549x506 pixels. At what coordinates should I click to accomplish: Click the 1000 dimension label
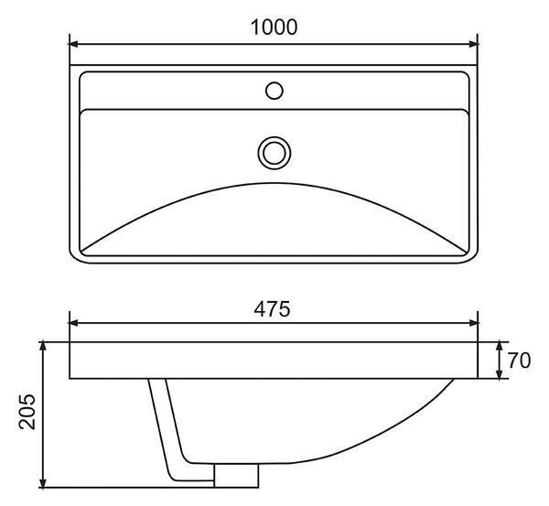274,27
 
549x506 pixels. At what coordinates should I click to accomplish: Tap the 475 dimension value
272,309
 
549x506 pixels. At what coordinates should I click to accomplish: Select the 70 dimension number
519,361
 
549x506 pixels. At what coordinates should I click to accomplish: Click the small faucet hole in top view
274,91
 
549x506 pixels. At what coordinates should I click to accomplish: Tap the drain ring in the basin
274,153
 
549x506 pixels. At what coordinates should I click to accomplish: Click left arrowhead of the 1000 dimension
74,44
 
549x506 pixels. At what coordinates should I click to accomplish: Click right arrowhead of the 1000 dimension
473,44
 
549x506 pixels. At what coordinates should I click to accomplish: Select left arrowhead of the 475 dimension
74,323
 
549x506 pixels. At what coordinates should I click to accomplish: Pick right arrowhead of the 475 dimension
473,323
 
